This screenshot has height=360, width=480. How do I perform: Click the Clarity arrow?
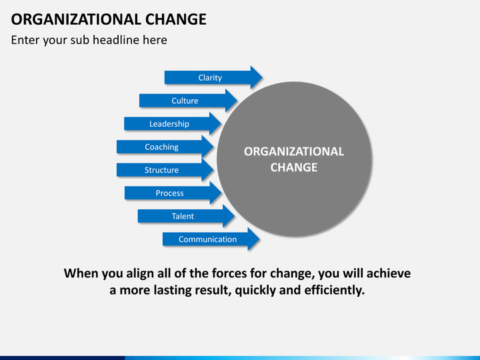[x=213, y=77]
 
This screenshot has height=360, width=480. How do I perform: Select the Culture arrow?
[x=188, y=101]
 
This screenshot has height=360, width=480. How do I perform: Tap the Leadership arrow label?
[x=169, y=124]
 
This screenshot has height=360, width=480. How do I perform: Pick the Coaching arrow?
[x=165, y=147]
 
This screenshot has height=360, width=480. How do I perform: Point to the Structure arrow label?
[x=161, y=170]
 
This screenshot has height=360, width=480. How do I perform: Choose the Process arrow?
[x=173, y=193]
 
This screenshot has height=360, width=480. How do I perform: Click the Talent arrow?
[x=186, y=216]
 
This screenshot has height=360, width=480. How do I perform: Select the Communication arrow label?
[x=207, y=239]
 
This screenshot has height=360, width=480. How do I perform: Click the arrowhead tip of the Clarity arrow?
[x=263, y=77]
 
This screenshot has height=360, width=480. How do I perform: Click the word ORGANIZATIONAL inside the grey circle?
[x=294, y=151]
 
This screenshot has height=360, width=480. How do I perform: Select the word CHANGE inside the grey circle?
[x=294, y=167]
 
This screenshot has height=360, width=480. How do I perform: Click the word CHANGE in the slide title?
[x=176, y=19]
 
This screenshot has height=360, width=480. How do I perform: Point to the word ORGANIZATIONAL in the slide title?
[x=76, y=19]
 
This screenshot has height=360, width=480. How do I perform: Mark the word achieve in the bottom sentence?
[x=389, y=273]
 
